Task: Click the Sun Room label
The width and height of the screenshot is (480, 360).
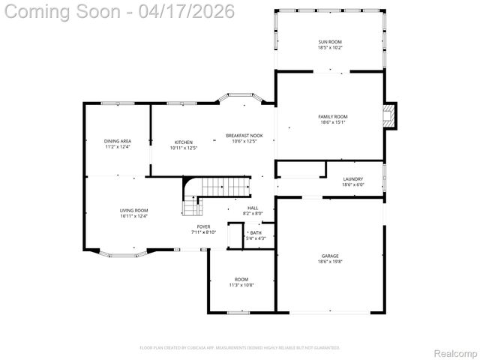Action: [x=330, y=42]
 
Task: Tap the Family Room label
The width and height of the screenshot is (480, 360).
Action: [x=332, y=116]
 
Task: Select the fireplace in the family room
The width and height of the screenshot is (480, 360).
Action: [x=388, y=115]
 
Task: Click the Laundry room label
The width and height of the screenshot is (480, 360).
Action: [x=352, y=179]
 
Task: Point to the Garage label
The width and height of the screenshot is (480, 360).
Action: [x=330, y=256]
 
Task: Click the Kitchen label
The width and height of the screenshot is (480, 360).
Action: [x=184, y=142]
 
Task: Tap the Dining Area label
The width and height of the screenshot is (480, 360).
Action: [x=118, y=141]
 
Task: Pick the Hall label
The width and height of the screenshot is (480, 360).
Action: [x=253, y=208]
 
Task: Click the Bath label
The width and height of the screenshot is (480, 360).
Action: [x=256, y=233]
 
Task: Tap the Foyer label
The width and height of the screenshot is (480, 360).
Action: [x=204, y=226]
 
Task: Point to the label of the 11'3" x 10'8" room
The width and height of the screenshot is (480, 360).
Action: [x=241, y=279]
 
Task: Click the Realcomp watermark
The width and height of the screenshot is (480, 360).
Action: [x=455, y=352]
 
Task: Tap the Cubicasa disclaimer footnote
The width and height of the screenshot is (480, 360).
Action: [x=240, y=347]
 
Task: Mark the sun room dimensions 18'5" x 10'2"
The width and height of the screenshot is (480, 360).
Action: [x=330, y=48]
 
